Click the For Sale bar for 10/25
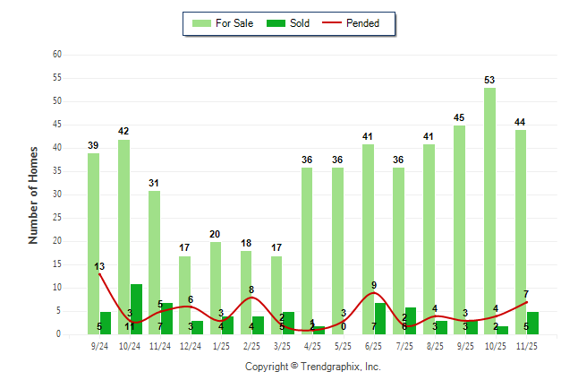[x=489, y=211]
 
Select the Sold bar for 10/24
[x=136, y=309]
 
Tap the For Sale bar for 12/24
[x=184, y=295]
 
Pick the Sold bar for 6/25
[x=380, y=318]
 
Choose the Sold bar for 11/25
[x=532, y=323]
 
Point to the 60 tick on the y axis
[x=56, y=55]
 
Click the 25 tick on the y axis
[x=56, y=218]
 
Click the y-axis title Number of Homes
[x=33, y=194]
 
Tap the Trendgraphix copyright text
[x=313, y=367]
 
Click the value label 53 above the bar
[x=489, y=80]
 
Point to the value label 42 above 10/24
[x=123, y=131]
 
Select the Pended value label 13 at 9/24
[x=99, y=266]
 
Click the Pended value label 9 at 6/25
[x=374, y=285]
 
